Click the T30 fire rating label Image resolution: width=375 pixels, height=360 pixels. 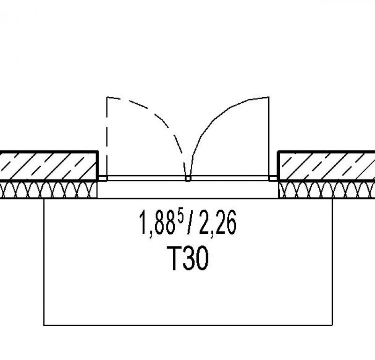pyautogui.click(x=188, y=258)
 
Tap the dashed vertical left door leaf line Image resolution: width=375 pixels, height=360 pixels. pyautogui.click(x=107, y=137)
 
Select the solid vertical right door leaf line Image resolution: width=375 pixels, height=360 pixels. pyautogui.click(x=269, y=137)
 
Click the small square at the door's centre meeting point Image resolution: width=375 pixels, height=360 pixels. pyautogui.click(x=188, y=178)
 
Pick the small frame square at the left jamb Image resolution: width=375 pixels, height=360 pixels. pyautogui.click(x=103, y=178)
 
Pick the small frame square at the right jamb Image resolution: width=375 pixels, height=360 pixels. pyautogui.click(x=273, y=178)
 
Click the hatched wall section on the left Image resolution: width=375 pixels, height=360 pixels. pyautogui.click(x=49, y=166)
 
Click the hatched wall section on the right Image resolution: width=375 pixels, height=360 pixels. pyautogui.click(x=326, y=166)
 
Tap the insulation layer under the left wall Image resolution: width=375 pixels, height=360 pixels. pyautogui.click(x=49, y=190)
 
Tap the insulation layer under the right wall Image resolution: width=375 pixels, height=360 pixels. pyautogui.click(x=327, y=190)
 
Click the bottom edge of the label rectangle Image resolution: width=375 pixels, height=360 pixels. pyautogui.click(x=188, y=325)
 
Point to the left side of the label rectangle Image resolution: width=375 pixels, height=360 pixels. pyautogui.click(x=44, y=261)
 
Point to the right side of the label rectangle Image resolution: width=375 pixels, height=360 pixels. pyautogui.click(x=332, y=261)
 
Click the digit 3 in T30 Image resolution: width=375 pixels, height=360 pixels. pyautogui.click(x=189, y=259)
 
